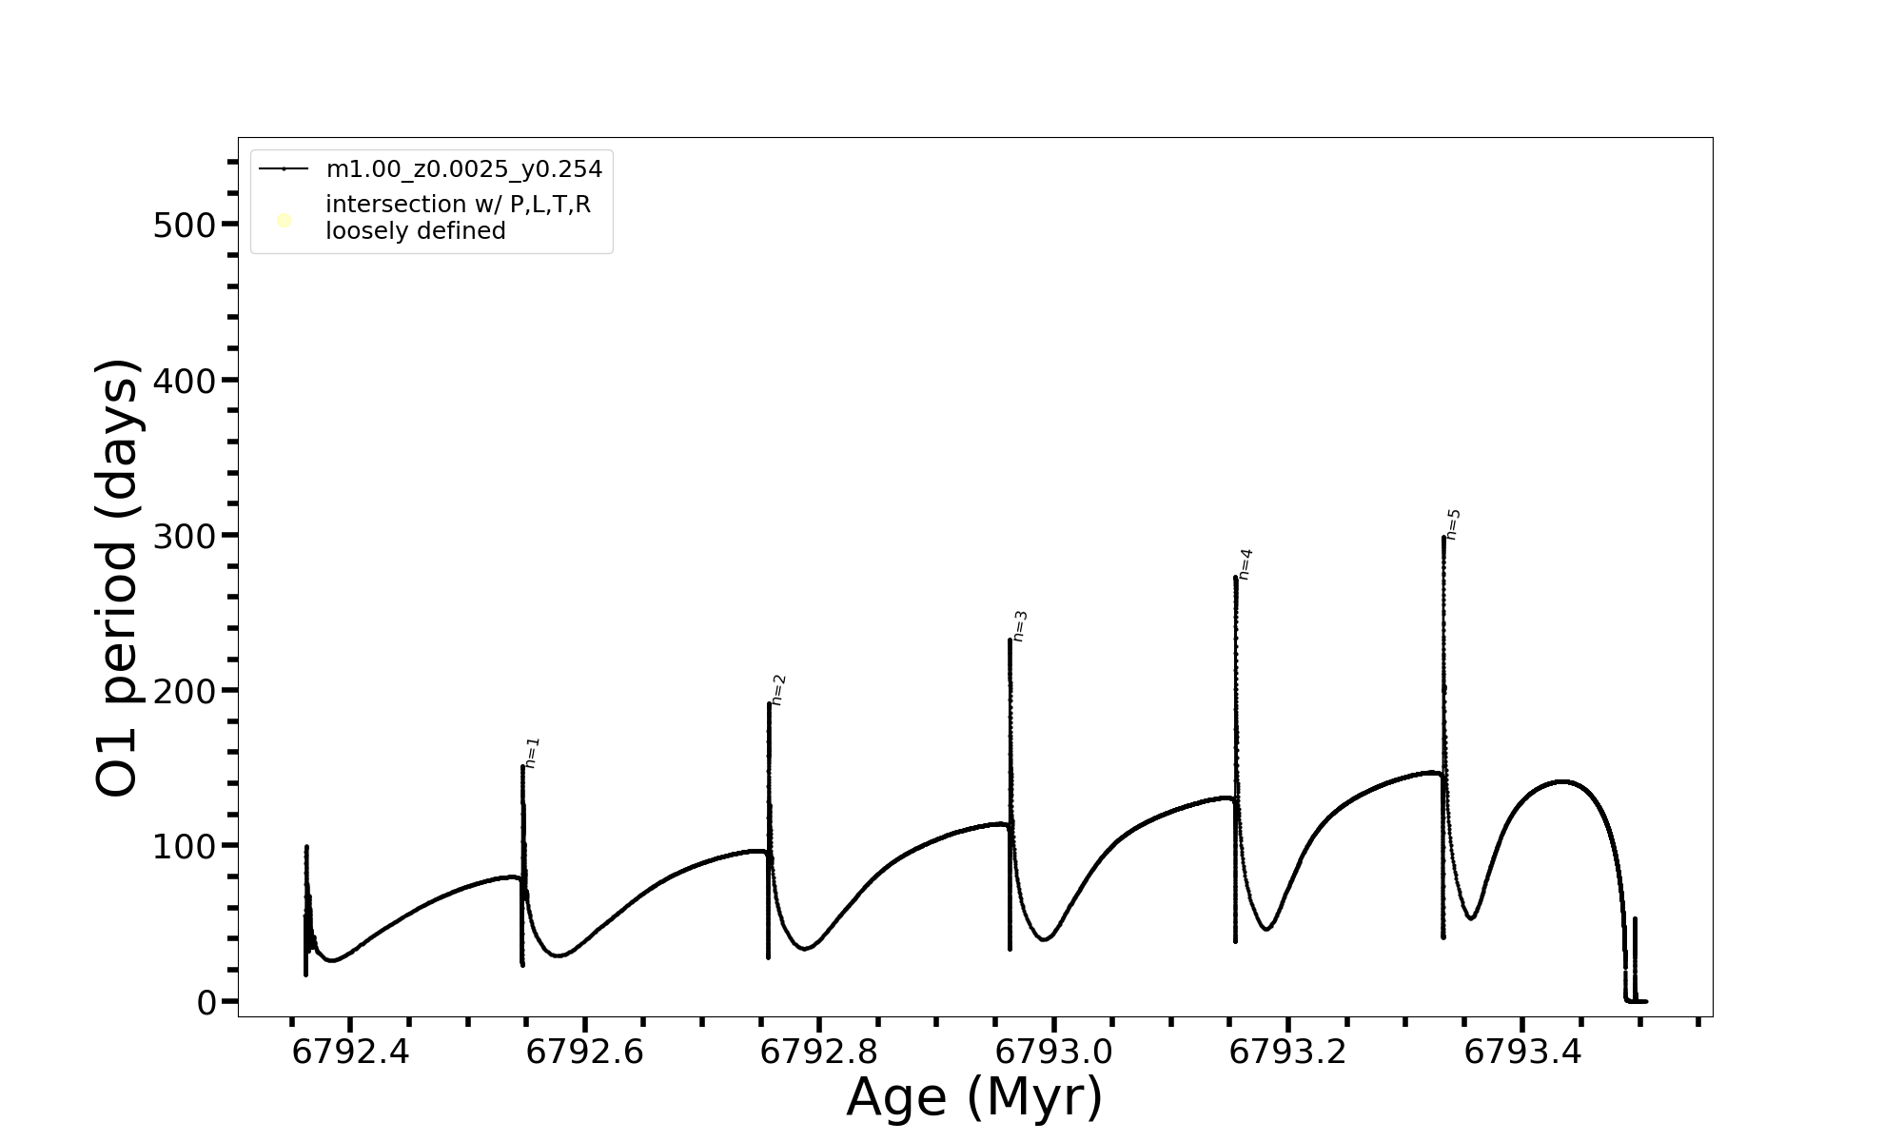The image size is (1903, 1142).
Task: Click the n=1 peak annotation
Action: pos(532,753)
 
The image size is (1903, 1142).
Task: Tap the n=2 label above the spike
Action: pos(778,690)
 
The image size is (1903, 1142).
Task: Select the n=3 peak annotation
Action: pos(1020,626)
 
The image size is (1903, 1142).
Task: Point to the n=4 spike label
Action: pos(1246,564)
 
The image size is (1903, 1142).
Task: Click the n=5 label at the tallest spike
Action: pos(1453,525)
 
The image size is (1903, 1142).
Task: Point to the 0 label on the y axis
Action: pos(206,1002)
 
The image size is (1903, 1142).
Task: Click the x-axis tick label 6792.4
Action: pos(350,1053)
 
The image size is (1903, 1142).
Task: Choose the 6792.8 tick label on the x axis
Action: pos(819,1053)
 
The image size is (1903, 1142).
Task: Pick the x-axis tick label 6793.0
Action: pos(1053,1053)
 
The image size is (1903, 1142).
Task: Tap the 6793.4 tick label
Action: pos(1522,1053)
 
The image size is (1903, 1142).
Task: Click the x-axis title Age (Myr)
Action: pos(974,1097)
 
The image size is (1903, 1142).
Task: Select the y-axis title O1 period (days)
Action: pos(118,578)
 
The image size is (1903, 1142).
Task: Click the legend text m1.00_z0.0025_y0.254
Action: pos(464,169)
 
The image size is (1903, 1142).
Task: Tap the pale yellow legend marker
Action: pos(284,221)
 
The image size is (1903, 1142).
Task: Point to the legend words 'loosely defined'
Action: pos(416,231)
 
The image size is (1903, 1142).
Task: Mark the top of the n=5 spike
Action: pos(1443,538)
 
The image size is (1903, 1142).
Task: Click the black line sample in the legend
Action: pos(284,169)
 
